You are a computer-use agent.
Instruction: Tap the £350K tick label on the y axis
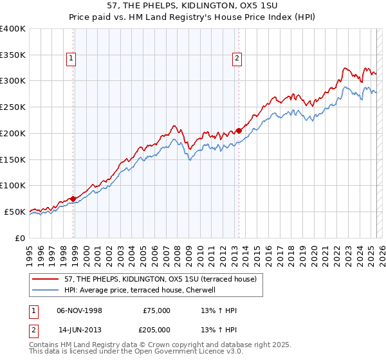coord(13,55)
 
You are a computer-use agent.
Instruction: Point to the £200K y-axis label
coord(13,133)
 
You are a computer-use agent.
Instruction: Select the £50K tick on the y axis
coord(15,212)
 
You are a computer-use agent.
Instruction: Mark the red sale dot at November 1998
coord(73,199)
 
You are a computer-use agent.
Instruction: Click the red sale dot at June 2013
coord(239,130)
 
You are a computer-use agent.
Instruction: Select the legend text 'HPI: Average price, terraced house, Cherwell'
coord(142,291)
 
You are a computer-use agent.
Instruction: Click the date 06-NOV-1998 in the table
coord(80,310)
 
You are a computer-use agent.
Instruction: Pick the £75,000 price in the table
coord(157,310)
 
